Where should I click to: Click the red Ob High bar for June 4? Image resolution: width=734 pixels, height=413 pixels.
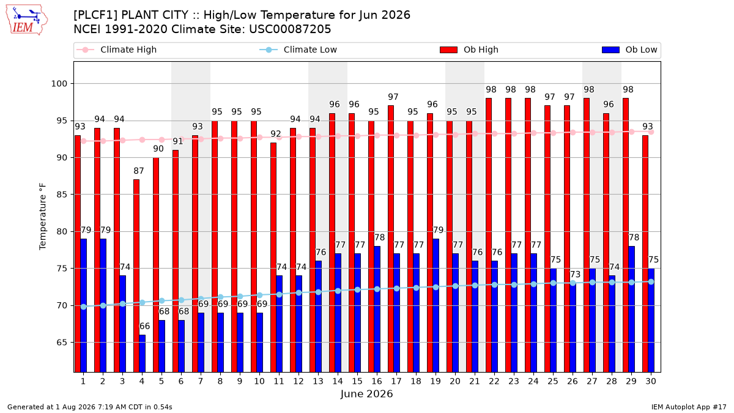coord(136,276)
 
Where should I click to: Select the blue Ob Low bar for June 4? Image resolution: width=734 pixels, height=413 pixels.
coord(142,354)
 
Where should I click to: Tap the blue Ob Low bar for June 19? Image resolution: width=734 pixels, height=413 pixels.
coord(436,305)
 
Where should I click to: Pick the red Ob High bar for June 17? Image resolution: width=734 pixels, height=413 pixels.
coord(391,239)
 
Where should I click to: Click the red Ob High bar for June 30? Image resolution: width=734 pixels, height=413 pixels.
coord(645,254)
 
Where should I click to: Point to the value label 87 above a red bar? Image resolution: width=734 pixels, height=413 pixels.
coord(139,171)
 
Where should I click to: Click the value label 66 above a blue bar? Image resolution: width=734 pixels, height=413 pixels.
coord(144,326)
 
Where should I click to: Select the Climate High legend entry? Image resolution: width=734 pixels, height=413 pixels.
coord(117,50)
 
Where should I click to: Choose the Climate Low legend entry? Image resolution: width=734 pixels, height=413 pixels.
coord(298,50)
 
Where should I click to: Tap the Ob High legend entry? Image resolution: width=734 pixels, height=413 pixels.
coord(469,50)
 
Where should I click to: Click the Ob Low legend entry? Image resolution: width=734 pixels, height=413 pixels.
coord(629,50)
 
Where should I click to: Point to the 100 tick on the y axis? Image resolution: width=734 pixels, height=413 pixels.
coord(59,84)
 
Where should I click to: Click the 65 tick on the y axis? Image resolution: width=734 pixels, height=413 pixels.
coord(62,343)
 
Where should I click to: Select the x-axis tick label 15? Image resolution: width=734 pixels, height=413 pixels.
coord(357,381)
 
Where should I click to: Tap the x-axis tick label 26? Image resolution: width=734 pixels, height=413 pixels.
coord(573,381)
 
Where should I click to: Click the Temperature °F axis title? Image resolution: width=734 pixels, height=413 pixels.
coord(43,217)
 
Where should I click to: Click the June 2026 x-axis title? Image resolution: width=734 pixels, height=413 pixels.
coord(366,393)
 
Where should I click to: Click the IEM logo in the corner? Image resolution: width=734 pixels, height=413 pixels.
coord(27,20)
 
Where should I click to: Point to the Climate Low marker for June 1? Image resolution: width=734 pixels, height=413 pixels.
coord(84,307)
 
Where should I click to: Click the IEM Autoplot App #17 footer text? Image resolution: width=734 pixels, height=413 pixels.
coord(689,407)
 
